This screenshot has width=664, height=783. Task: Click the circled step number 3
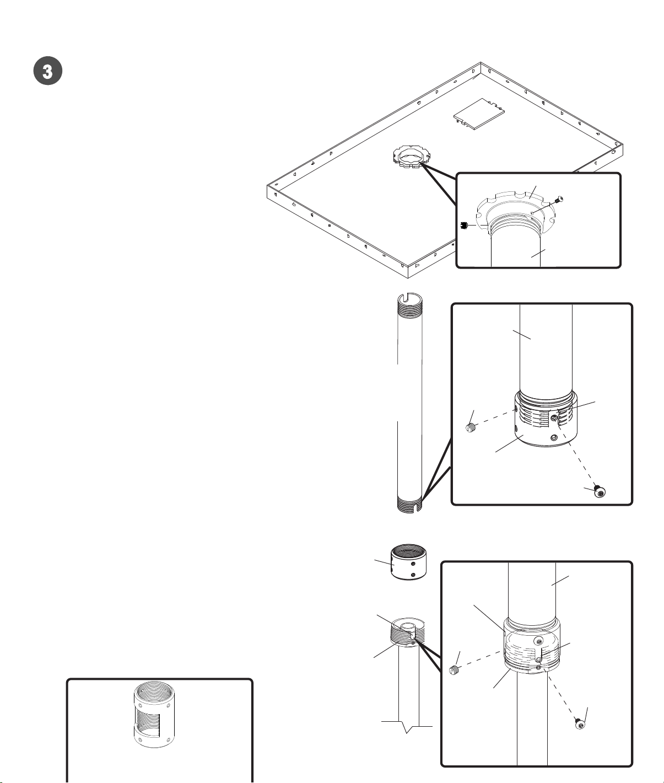tap(48, 71)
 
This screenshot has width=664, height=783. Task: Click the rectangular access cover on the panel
tap(479, 115)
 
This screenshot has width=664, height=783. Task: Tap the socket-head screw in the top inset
tap(559, 200)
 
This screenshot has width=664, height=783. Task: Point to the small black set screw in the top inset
tap(463, 226)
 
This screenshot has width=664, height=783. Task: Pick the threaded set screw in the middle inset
tap(470, 428)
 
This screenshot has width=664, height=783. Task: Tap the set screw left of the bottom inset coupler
tap(454, 670)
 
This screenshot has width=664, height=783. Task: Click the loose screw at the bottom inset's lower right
tap(580, 725)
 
